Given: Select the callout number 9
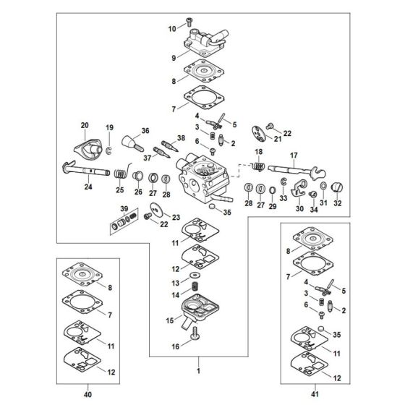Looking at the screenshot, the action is tap(174, 58).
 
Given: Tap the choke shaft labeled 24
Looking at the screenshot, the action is tap(86, 170).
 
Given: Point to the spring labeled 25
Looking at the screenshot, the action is tap(121, 172).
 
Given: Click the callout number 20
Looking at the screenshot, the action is tap(85, 125).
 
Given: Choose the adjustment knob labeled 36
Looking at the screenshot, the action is tap(132, 143).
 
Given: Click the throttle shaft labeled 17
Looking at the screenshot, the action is tap(297, 171).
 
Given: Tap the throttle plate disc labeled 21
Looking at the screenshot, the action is tap(258, 134).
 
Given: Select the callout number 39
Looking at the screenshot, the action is tap(124, 209).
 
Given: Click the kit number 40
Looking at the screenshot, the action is tap(88, 394).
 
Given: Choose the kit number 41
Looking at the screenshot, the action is tap(315, 394).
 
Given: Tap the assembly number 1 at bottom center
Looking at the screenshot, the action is tap(198, 371).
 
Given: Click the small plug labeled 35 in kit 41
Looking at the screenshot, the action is tap(321, 329).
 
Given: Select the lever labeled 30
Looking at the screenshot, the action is tap(298, 188).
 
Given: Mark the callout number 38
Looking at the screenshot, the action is tap(181, 138).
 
